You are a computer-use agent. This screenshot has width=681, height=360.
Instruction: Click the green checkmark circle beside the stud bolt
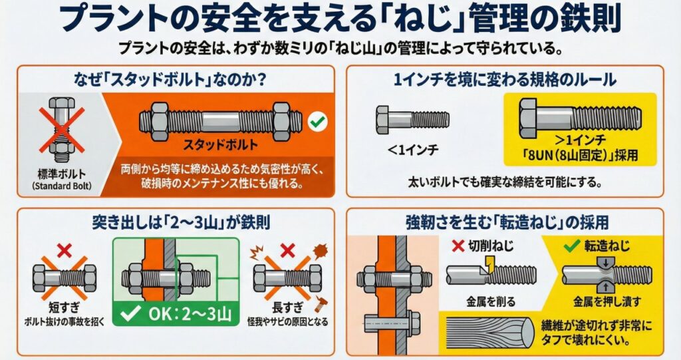(x=317, y=122)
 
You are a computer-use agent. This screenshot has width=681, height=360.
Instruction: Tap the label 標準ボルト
(x=62, y=175)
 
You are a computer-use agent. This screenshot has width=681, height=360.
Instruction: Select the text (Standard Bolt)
(x=62, y=186)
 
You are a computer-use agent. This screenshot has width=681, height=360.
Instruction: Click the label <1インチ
(x=412, y=150)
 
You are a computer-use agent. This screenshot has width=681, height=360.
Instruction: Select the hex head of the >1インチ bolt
(x=527, y=118)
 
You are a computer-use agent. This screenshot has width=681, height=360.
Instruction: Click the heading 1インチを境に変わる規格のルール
(x=505, y=80)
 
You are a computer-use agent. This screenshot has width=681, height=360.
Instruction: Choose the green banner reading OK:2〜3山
(x=176, y=313)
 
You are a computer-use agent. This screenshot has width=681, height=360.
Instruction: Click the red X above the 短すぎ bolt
(x=65, y=250)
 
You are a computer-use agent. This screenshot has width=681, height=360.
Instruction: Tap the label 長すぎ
(x=287, y=308)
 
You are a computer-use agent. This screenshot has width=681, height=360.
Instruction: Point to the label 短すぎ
(x=65, y=308)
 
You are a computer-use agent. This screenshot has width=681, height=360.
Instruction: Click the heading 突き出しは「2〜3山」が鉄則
(x=181, y=222)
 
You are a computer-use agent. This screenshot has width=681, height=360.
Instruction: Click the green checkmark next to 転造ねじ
(x=571, y=246)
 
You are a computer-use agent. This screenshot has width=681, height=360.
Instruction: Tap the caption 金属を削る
(x=491, y=301)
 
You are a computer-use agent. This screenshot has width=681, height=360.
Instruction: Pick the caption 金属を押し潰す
(x=607, y=301)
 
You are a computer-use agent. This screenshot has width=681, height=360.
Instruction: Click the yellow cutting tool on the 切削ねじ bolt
(x=490, y=264)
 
